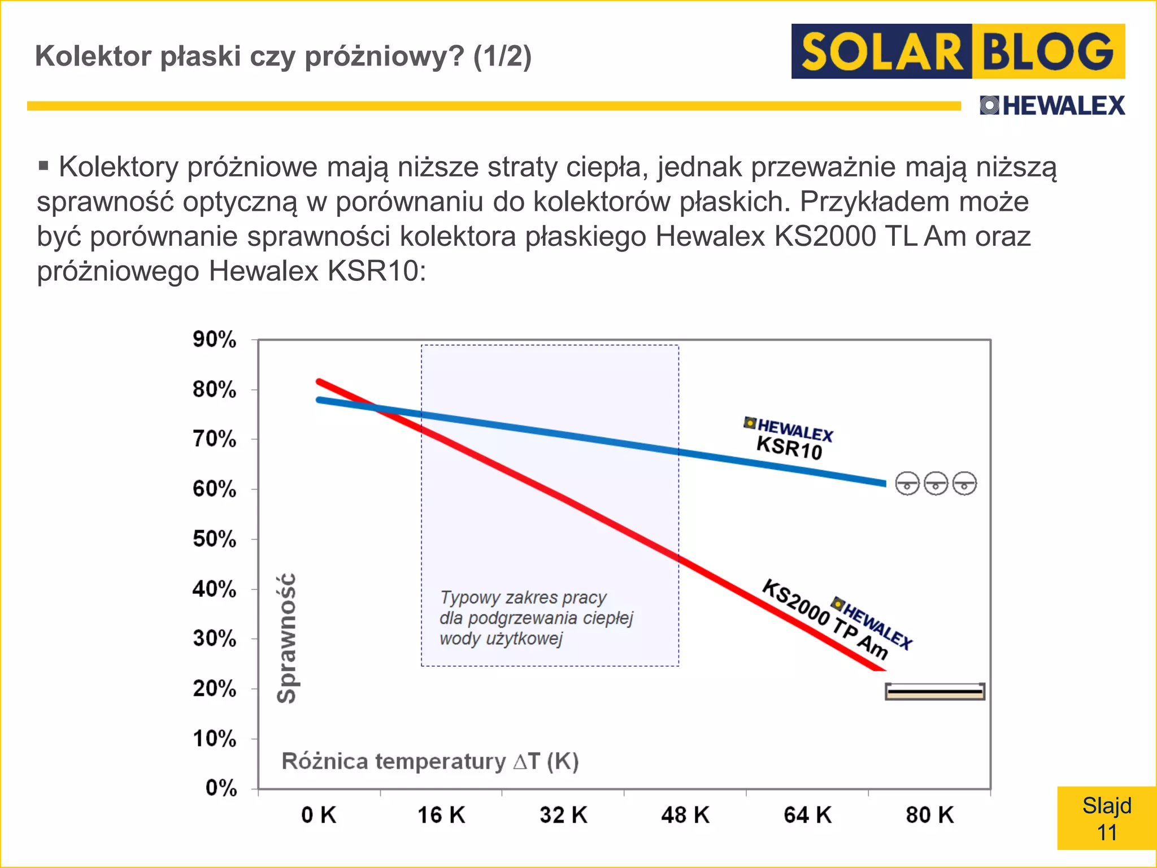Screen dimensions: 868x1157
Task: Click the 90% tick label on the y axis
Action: coord(214,340)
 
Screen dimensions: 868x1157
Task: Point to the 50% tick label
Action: coord(214,539)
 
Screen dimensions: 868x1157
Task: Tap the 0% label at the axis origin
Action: coord(221,788)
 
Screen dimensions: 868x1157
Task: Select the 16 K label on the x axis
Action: coord(441,815)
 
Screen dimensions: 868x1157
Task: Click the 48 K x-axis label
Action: coord(685,815)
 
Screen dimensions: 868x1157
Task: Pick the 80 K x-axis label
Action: coord(929,815)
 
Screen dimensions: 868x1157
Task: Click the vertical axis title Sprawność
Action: coord(287,638)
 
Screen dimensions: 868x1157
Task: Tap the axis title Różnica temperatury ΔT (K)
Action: coord(430,761)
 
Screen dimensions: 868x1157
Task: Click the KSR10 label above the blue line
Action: coord(789,448)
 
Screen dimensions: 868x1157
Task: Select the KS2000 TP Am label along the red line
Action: coord(825,619)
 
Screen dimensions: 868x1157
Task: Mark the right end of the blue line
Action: coord(884,483)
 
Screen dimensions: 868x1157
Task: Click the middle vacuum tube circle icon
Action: coord(936,484)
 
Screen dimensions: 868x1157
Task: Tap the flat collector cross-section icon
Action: coord(935,691)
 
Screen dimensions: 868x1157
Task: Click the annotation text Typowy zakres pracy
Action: coord(523,597)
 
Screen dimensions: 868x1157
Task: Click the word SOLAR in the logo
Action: coord(881,52)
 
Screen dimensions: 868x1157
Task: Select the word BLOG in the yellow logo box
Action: coord(1048,52)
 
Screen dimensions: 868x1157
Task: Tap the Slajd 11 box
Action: coord(1106,818)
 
